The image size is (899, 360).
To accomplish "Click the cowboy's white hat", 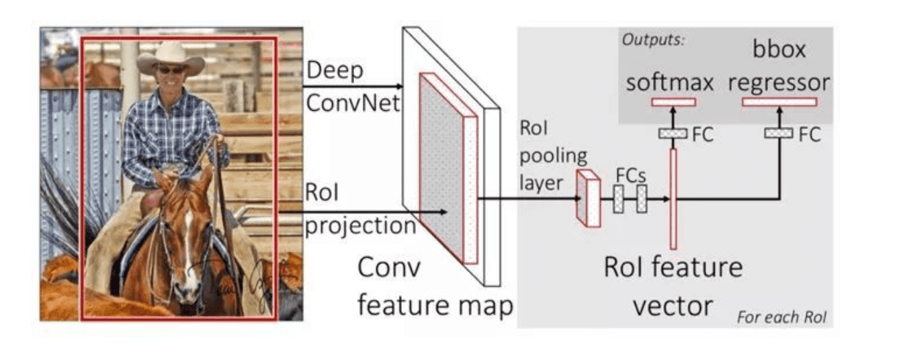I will coord(171,56).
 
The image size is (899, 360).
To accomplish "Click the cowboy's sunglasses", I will coord(171,69).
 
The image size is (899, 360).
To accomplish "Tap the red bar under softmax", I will coord(673,102).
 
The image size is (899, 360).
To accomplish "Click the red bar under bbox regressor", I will coord(779,102).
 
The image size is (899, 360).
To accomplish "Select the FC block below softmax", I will coord(673,134).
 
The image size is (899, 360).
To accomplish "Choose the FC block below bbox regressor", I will coord(779,134).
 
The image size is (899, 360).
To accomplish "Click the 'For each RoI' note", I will coord(782,316).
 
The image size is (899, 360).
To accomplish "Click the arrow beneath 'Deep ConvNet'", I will coord(352,85).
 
